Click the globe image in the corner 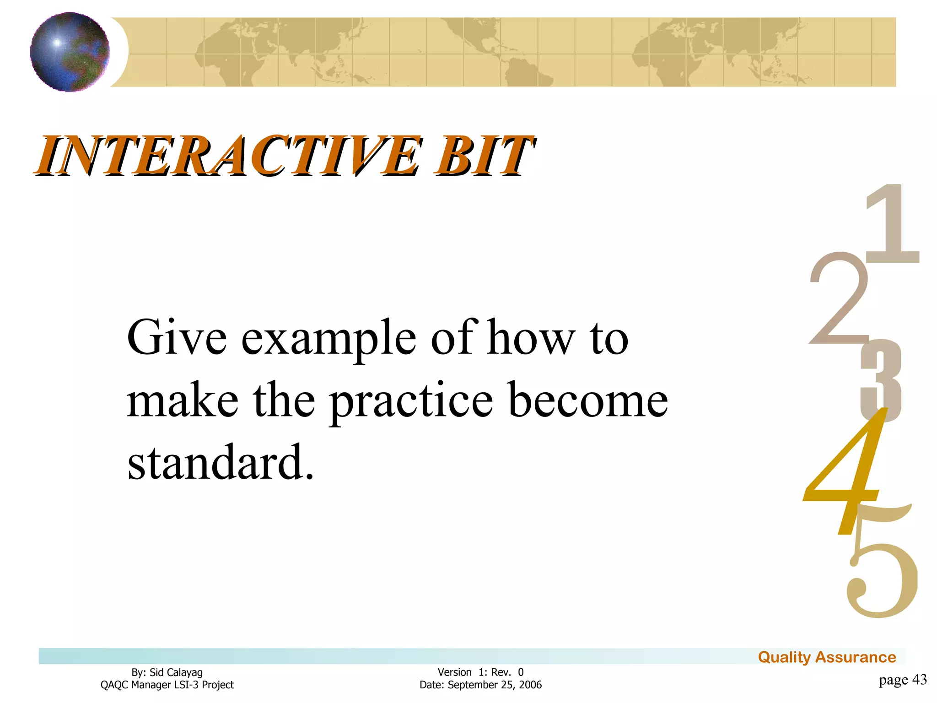pyautogui.click(x=70, y=52)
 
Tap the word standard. pyautogui.click(x=220, y=462)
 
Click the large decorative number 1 pyautogui.click(x=893, y=224)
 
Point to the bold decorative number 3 pyautogui.click(x=881, y=380)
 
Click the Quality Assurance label pyautogui.click(x=827, y=657)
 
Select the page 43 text pyautogui.click(x=903, y=679)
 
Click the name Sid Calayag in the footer pyautogui.click(x=176, y=672)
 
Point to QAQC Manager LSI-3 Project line pyautogui.click(x=167, y=685)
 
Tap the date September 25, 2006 pyautogui.click(x=495, y=685)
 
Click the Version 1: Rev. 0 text pyautogui.click(x=480, y=672)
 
